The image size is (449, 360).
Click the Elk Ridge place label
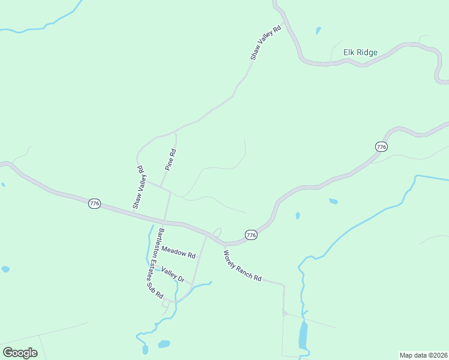click(x=360, y=53)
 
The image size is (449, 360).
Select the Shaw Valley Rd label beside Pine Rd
click(x=140, y=188)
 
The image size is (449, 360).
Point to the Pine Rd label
click(x=170, y=160)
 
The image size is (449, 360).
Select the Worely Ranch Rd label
click(x=243, y=266)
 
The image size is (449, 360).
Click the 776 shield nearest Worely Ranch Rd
click(x=251, y=235)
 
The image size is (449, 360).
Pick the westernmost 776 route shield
click(x=94, y=204)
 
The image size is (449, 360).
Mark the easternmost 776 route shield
click(x=381, y=146)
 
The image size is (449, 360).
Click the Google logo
click(x=20, y=352)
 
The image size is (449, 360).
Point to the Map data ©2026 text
click(x=423, y=355)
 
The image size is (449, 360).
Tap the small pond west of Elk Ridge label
click(x=318, y=30)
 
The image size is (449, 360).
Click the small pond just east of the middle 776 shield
click(x=298, y=215)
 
